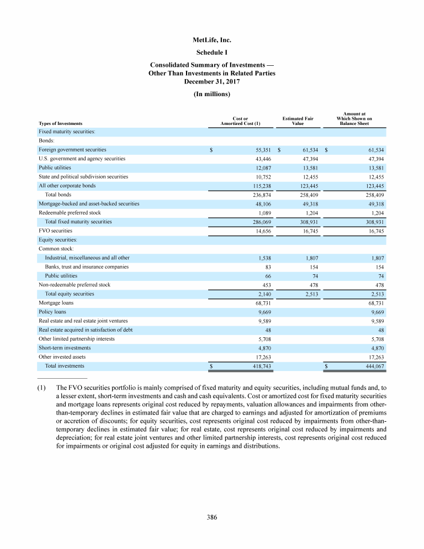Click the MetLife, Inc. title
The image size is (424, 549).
(212, 40)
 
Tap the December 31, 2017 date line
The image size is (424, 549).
(212, 81)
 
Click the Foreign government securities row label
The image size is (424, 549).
(72, 150)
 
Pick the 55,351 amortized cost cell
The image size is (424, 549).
(259, 150)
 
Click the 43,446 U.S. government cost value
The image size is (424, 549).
(259, 159)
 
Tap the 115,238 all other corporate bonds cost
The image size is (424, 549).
(258, 186)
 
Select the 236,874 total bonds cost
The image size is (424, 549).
(258, 195)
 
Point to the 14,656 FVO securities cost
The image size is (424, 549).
(259, 231)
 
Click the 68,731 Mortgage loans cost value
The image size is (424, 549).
(259, 303)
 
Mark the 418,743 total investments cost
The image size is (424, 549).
(258, 366)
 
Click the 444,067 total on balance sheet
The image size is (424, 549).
(373, 366)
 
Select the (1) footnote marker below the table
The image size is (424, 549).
(43, 388)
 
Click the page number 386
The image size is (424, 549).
(212, 517)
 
